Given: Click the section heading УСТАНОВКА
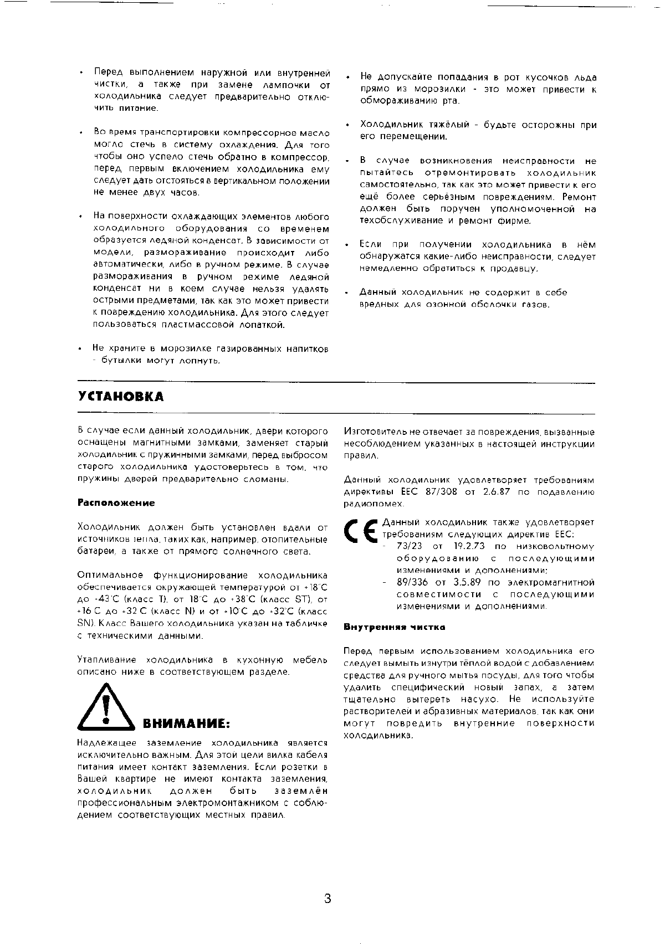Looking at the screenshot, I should pyautogui.click(x=121, y=397).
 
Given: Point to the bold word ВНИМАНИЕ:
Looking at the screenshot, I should pyautogui.click(x=186, y=724).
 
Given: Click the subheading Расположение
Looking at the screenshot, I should pyautogui.click(x=116, y=503).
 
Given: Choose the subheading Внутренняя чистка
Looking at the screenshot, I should pyautogui.click(x=395, y=627).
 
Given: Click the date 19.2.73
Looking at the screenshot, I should pyautogui.click(x=465, y=546).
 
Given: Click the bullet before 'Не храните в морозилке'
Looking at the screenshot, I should pyautogui.click(x=80, y=350).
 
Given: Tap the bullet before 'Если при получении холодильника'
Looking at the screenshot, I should pyautogui.click(x=347, y=245).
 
